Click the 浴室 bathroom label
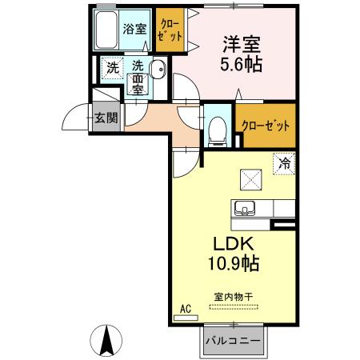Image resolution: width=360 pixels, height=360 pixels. pyautogui.click(x=134, y=30)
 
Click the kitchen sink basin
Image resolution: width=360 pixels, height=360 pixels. pyautogui.click(x=243, y=209)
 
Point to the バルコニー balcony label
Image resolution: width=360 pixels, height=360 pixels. pyautogui.click(x=231, y=341)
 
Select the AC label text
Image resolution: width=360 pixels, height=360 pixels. pyautogui.click(x=185, y=308)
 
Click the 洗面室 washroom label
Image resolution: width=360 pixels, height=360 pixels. pyautogui.click(x=138, y=78)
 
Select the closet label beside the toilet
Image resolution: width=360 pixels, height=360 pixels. pyautogui.click(x=266, y=126)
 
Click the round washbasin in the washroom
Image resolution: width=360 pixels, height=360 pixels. pyautogui.click(x=158, y=70)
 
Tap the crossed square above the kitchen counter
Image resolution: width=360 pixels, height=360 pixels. pyautogui.click(x=250, y=178)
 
